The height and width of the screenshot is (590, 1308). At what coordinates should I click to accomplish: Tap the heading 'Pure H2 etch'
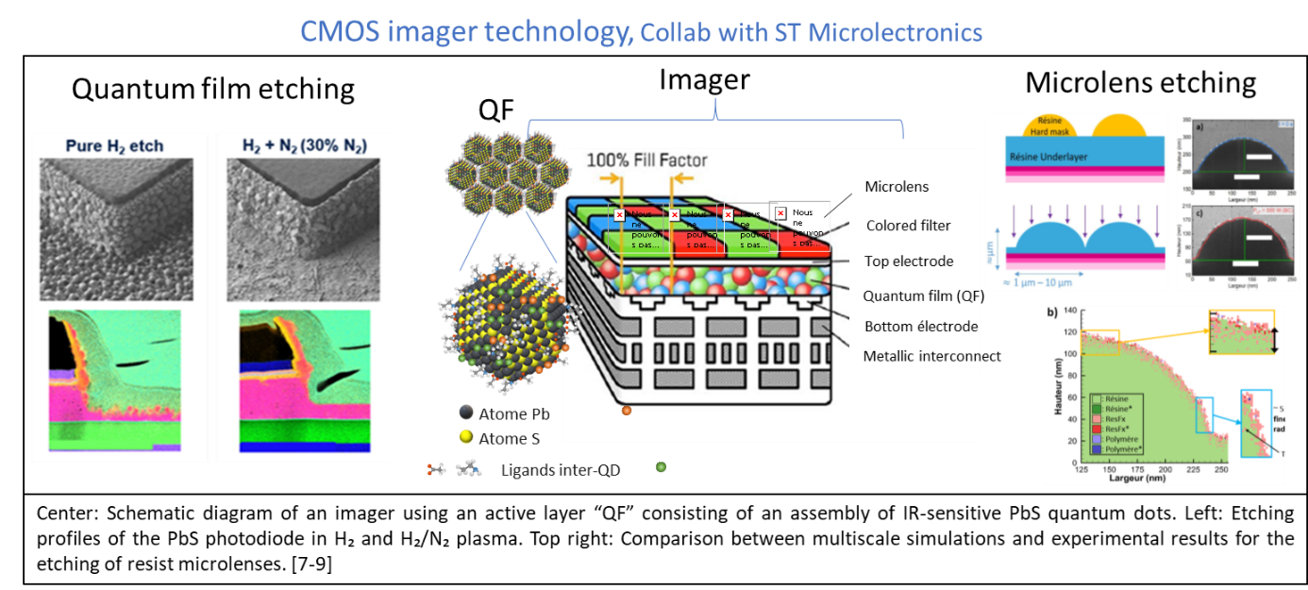click(x=114, y=146)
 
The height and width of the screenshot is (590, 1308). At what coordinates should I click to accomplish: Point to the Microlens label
click(x=897, y=186)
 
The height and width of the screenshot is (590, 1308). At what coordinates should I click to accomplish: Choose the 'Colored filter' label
click(x=909, y=226)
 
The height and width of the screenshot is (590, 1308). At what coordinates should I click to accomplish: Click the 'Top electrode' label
click(x=909, y=261)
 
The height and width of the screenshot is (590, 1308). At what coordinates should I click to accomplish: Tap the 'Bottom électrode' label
click(x=920, y=327)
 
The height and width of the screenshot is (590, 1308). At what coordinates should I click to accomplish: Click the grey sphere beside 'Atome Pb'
click(x=464, y=414)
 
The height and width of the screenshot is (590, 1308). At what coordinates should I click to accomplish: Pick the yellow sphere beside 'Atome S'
click(x=464, y=438)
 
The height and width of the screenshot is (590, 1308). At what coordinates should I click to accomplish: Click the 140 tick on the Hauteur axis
click(x=1070, y=311)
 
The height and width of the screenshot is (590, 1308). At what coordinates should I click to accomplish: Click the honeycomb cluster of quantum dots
click(x=506, y=172)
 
